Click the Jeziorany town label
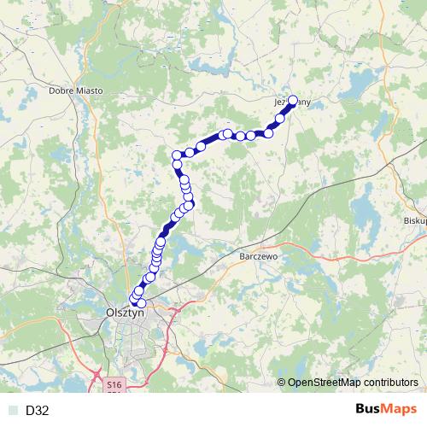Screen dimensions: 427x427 point(287,102)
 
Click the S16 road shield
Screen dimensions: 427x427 point(114,386)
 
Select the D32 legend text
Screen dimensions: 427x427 point(38,411)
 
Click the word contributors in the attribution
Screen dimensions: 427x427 point(394,383)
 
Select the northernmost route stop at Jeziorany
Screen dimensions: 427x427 point(293,100)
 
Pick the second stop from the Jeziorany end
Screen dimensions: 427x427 point(279,119)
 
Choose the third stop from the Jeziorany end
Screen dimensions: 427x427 point(268,132)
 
